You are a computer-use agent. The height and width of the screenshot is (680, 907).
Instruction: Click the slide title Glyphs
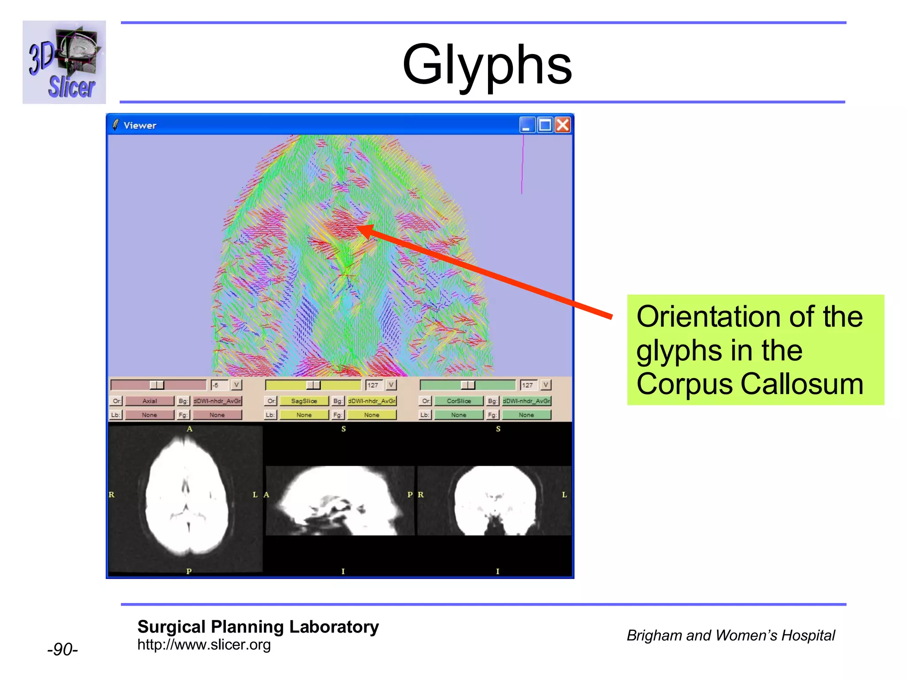(x=487, y=66)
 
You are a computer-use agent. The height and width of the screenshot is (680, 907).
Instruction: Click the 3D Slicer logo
(x=64, y=62)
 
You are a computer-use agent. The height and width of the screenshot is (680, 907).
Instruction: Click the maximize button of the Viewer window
(x=545, y=125)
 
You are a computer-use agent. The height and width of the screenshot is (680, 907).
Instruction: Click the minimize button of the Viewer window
(x=527, y=125)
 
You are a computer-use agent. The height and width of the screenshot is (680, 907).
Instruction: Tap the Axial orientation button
(x=150, y=401)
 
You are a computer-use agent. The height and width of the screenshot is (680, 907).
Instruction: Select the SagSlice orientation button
(x=304, y=401)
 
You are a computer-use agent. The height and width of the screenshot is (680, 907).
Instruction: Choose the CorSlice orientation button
(x=459, y=401)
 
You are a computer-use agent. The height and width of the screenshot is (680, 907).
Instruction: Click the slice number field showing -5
(x=219, y=385)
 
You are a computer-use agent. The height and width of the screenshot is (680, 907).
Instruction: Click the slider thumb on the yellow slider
(x=313, y=385)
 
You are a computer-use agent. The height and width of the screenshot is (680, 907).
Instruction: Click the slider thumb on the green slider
(x=468, y=385)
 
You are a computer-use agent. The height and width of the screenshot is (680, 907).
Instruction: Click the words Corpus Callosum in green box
(x=750, y=384)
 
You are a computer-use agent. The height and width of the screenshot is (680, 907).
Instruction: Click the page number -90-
(x=62, y=649)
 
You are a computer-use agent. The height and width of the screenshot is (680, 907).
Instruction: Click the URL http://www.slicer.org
(x=204, y=645)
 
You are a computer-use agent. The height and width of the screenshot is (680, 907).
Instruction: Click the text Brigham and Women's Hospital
(x=730, y=635)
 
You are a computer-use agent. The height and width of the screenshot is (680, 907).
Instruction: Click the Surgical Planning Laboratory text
(x=258, y=627)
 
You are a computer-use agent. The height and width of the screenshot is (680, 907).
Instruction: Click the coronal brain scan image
(x=495, y=500)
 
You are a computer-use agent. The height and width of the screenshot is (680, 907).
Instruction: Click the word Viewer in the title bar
(x=140, y=125)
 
